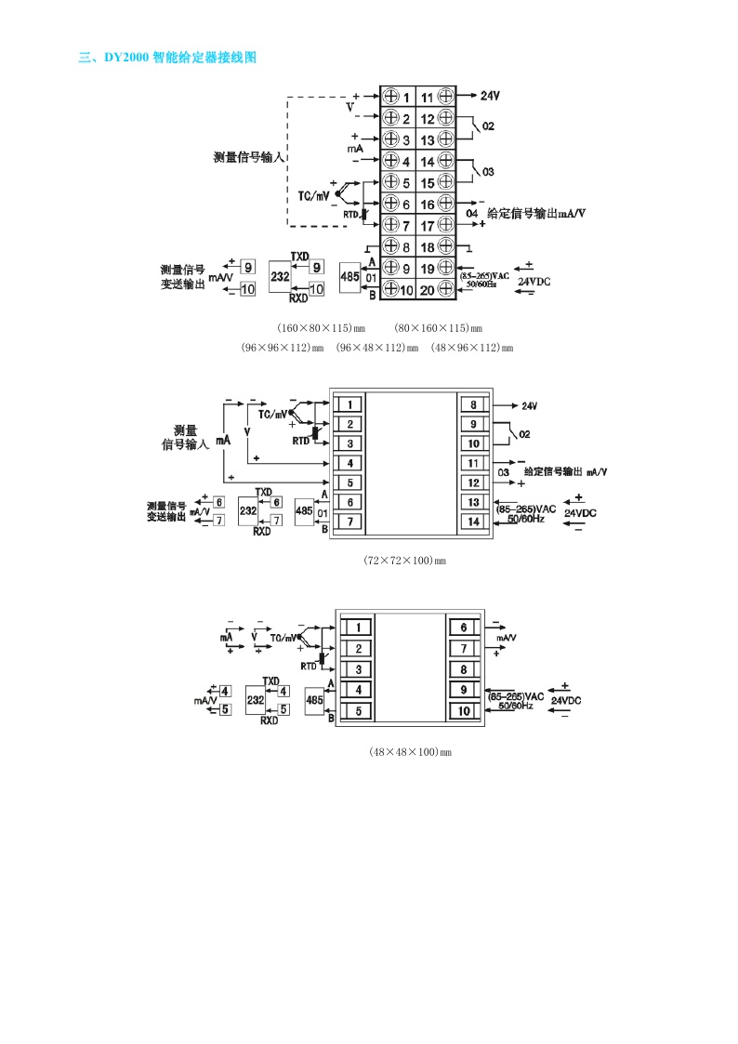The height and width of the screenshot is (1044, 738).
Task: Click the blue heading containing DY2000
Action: [x=167, y=58]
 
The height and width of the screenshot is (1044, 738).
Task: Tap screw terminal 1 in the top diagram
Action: [x=389, y=97]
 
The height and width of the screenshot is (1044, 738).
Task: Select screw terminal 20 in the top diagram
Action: [x=445, y=289]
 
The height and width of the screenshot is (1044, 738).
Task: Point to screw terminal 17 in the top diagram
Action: [x=445, y=225]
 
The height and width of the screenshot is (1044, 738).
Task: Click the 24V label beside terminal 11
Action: [x=490, y=96]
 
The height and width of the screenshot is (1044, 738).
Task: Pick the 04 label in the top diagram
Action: [x=471, y=214]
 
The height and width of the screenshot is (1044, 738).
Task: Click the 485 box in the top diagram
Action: [x=350, y=277]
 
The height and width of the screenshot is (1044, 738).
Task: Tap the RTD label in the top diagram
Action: [x=351, y=214]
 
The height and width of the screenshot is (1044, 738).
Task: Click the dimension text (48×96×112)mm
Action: [x=471, y=347]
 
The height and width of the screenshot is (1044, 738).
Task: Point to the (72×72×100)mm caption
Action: [x=404, y=562]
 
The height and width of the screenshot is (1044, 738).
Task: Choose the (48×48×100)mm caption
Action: [x=410, y=751]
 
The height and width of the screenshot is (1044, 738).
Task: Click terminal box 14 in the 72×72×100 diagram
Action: [x=473, y=522]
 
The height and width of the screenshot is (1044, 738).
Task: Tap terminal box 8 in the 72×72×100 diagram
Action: [x=473, y=404]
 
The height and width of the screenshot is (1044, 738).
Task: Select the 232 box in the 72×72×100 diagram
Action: [x=248, y=511]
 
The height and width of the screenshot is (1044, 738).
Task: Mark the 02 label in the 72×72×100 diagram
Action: [x=524, y=434]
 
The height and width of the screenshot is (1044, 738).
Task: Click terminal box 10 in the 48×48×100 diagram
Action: [x=463, y=711]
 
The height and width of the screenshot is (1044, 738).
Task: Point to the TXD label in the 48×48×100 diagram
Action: [x=270, y=681]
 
